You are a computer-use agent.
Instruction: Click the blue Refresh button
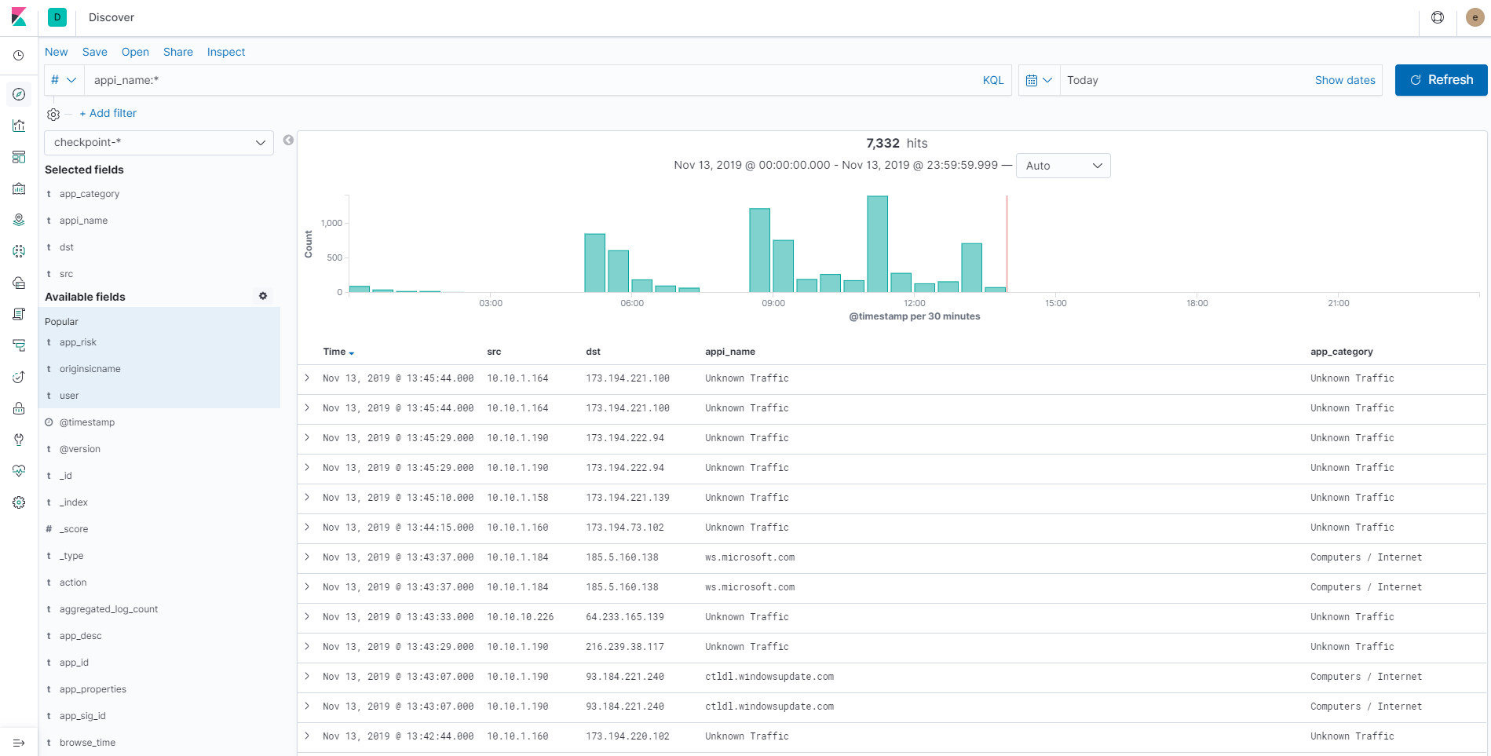click(x=1441, y=80)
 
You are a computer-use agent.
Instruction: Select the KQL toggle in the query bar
click(x=992, y=80)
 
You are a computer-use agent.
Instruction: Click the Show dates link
click(x=1344, y=80)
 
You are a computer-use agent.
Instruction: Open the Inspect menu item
click(x=226, y=52)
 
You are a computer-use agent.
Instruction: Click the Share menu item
click(x=178, y=52)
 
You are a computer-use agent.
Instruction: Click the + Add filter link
click(x=108, y=113)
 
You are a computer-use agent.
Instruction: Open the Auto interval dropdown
click(x=1062, y=166)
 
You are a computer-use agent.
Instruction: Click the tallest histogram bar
click(x=877, y=244)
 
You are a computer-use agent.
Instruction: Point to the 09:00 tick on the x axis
click(x=773, y=303)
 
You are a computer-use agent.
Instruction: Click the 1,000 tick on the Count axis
click(x=331, y=223)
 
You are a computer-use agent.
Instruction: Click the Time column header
click(x=335, y=352)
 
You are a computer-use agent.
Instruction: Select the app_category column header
click(x=1341, y=352)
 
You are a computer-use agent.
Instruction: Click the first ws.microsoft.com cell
click(x=749, y=557)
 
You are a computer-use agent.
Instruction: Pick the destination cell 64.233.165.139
click(x=624, y=617)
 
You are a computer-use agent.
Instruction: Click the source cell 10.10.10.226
click(x=520, y=617)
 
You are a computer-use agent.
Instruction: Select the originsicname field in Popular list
click(x=90, y=369)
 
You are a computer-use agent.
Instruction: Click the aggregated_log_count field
click(x=108, y=609)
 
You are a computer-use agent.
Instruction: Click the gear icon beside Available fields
click(x=263, y=296)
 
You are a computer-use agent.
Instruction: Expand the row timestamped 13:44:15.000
click(x=307, y=527)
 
